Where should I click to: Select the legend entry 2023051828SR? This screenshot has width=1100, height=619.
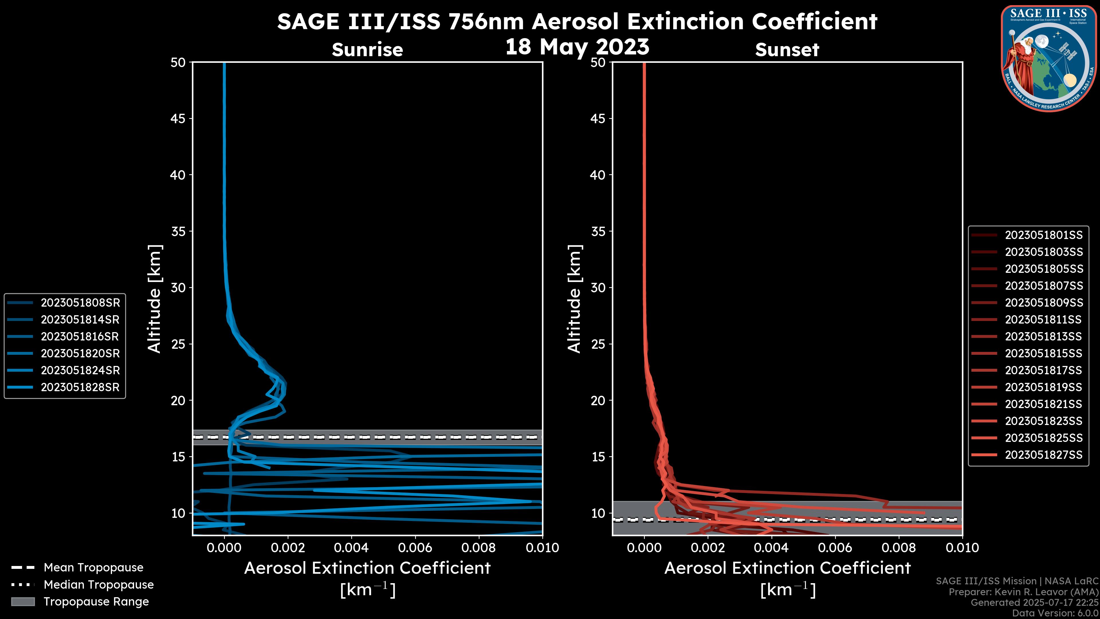pyautogui.click(x=80, y=387)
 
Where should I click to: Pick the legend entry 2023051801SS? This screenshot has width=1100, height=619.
pyautogui.click(x=1044, y=235)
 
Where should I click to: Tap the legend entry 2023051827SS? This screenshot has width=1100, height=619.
pyautogui.click(x=1044, y=455)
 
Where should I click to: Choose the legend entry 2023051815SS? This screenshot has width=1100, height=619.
pyautogui.click(x=1044, y=354)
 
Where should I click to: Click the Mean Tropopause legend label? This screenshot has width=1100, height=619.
pyautogui.click(x=93, y=567)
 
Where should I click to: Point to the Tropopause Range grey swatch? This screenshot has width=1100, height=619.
pyautogui.click(x=23, y=602)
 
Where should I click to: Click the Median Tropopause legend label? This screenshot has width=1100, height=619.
pyautogui.click(x=99, y=584)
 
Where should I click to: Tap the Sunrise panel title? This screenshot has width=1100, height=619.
pyautogui.click(x=367, y=50)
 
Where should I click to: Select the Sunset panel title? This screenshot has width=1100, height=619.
pyautogui.click(x=787, y=50)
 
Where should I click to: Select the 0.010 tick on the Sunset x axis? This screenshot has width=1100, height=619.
pyautogui.click(x=962, y=548)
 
